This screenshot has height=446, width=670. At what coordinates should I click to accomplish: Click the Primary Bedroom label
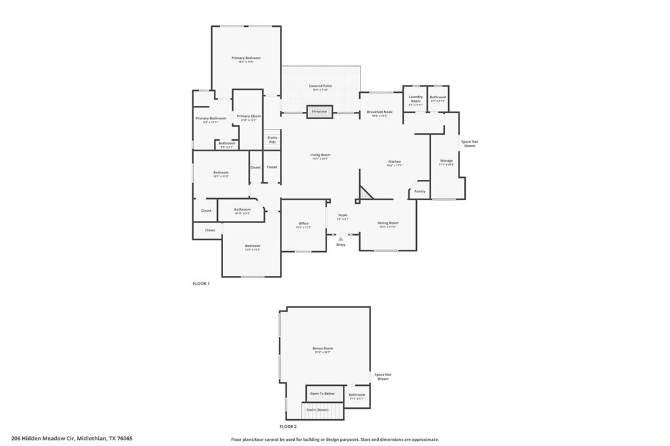point(246,58)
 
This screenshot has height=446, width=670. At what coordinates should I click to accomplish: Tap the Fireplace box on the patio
point(319,112)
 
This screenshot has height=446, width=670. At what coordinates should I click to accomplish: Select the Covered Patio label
point(320,86)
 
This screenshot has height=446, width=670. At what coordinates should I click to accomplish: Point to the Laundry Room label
point(415,99)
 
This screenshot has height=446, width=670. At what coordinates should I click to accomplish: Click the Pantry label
point(420,192)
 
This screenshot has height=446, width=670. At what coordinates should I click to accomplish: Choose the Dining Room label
point(388,223)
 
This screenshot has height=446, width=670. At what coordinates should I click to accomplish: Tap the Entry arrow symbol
point(340,239)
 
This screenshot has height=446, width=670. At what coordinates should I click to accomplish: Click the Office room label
point(304,224)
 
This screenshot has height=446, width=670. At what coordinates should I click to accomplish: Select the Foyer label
point(343,215)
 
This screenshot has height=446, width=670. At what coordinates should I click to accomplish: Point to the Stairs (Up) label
point(272,139)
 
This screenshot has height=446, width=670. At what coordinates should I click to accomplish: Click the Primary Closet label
point(249,116)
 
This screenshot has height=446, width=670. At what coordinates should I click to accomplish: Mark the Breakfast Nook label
point(379,112)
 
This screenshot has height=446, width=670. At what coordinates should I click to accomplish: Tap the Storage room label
point(446,161)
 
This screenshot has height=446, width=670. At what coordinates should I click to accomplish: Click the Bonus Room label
point(323,349)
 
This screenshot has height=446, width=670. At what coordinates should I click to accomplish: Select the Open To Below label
point(322,394)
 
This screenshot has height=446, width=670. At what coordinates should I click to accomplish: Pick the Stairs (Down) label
point(317,410)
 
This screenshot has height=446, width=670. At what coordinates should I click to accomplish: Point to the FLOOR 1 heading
point(201,284)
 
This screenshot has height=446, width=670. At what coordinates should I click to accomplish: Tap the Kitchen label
point(395,162)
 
